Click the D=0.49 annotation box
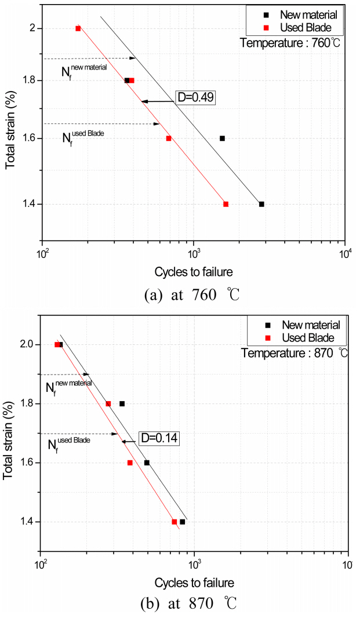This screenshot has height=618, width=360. coord(195,98)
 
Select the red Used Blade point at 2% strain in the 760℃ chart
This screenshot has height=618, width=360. coord(78,28)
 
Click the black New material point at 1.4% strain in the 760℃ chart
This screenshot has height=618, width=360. coord(261,204)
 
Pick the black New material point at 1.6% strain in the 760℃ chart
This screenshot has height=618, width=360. coord(222,139)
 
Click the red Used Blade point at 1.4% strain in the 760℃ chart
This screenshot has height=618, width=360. coord(226,204)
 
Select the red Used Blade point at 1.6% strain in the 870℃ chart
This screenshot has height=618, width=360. coord(130,463)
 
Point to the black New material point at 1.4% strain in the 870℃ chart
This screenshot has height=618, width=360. coord(183,522)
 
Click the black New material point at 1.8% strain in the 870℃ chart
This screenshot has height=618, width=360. coord(122,403)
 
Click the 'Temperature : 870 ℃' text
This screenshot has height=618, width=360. coord(294,352)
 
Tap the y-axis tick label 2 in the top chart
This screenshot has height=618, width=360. coord(33,28)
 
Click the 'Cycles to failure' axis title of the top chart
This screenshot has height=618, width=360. coord(194,272)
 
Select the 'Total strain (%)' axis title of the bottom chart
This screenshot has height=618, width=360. coord(9,434)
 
